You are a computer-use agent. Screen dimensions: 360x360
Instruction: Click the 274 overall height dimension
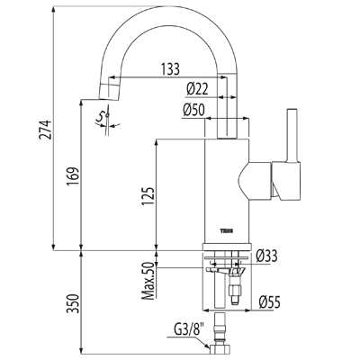pos(45,130)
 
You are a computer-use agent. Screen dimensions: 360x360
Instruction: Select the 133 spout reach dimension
pos(170,69)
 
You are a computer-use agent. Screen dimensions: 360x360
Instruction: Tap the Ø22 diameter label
pos(197,89)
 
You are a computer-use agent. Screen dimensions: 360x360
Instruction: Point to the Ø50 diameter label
pos(193,110)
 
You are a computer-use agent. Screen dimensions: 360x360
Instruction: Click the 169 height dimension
pos(73,176)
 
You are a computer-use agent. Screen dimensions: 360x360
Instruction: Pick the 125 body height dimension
pos(148,197)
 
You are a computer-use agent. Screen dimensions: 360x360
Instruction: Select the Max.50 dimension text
pos(148,281)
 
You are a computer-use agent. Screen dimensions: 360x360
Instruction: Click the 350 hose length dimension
pos(73,304)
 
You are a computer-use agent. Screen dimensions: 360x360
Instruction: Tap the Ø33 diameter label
pos(266,256)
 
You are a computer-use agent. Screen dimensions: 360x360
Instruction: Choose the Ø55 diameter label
pos(269,302)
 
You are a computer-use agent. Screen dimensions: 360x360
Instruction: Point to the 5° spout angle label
pos(103,117)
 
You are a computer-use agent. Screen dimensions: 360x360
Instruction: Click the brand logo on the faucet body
pos(227,231)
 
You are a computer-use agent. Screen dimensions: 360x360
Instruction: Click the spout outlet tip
pos(110,92)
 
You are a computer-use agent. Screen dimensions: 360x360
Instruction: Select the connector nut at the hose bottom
pos(221,349)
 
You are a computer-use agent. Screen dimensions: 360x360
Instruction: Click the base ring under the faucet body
pos(227,247)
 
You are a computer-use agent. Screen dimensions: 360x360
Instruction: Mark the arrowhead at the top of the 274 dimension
pos(53,9)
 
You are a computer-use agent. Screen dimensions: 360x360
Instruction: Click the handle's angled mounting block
pos(286,181)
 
